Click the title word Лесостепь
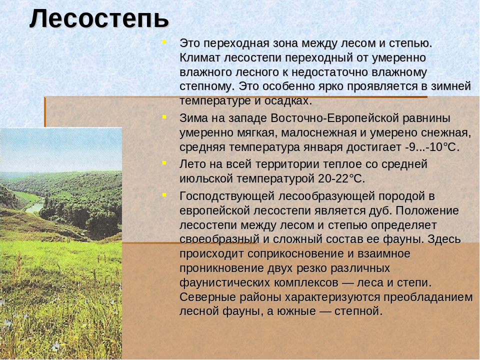(x=99, y=19)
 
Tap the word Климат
(x=199, y=57)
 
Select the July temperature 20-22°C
(x=341, y=178)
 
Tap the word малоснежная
(x=319, y=133)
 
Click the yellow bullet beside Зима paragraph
(x=164, y=116)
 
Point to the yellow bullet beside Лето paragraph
(x=164, y=163)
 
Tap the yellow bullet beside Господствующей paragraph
(x=164, y=194)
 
